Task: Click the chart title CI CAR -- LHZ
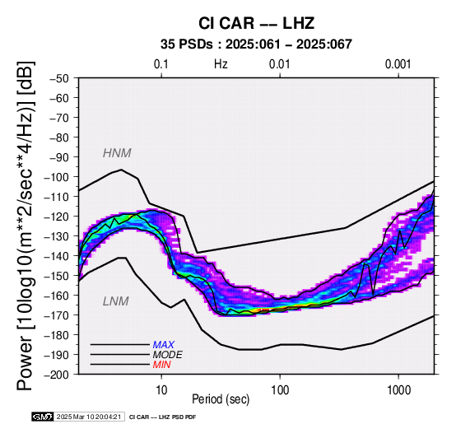pos(256,23)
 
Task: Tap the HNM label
pos(117,152)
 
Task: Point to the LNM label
pos(115,301)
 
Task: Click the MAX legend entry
pos(163,345)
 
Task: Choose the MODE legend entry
pos(167,355)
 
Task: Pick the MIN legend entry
pos(161,365)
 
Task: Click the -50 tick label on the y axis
pos(59,78)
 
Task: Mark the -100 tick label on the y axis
pos(57,177)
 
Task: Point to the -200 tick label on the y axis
pos(57,375)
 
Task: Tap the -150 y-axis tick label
pos(57,276)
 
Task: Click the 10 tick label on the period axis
pos(161,390)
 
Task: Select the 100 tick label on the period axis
pos(280,390)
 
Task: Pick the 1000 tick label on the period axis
pos(398,390)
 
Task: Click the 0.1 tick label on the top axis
pos(161,64)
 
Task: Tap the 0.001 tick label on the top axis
pos(398,64)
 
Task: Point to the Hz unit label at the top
pos(221,64)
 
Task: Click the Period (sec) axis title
pos(221,399)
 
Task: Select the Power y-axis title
pos(26,226)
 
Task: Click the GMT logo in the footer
pos(43,417)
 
